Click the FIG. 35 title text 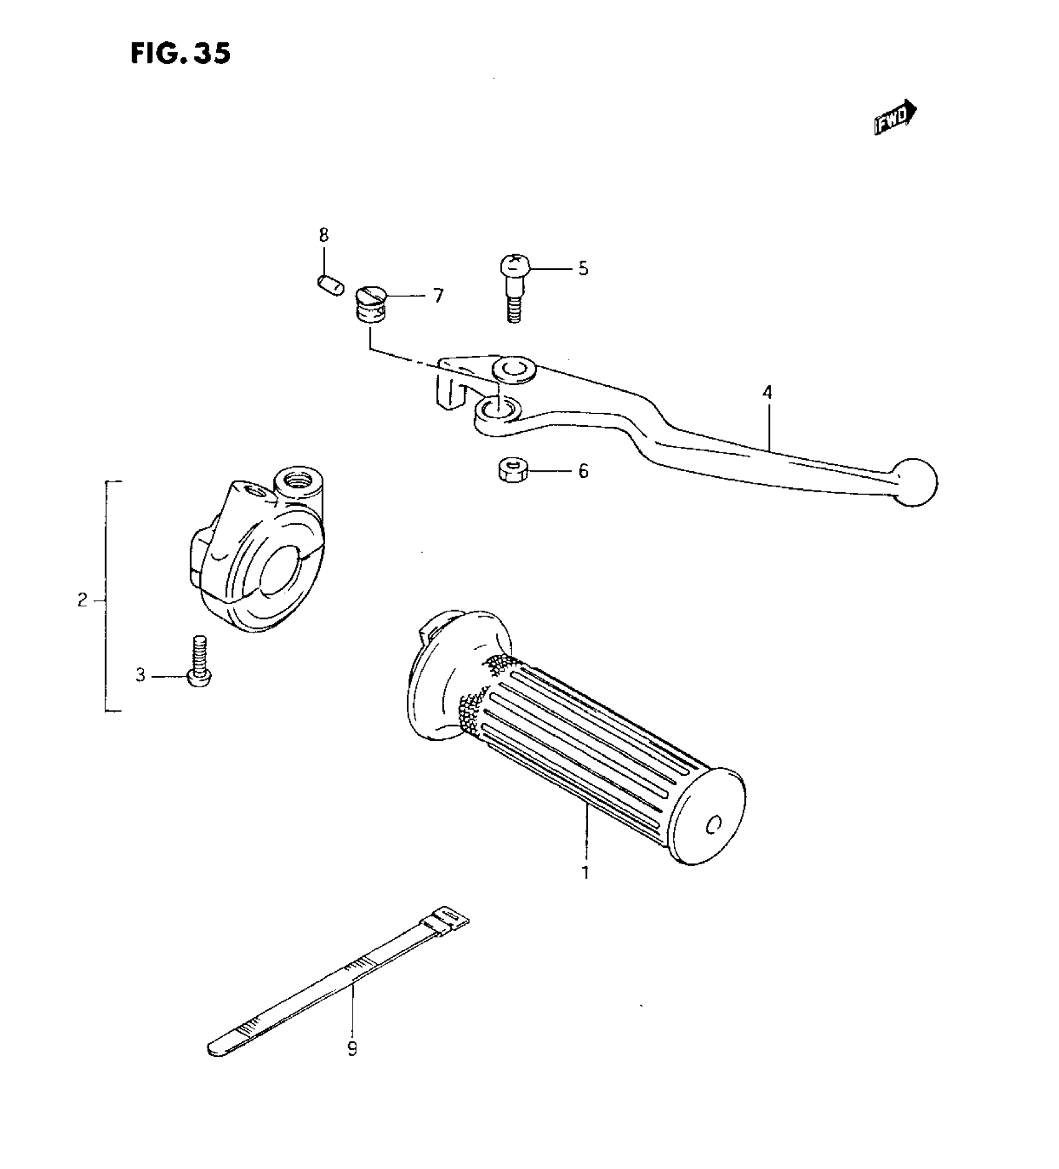tap(181, 54)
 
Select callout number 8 tap(323, 236)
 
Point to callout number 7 tap(439, 295)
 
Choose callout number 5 tap(583, 269)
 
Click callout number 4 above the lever tap(767, 393)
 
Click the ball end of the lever tap(914, 482)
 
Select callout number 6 tap(583, 471)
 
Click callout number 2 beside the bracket tap(82, 601)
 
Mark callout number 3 tap(141, 675)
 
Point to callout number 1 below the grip tap(585, 873)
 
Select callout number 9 tap(353, 1049)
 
